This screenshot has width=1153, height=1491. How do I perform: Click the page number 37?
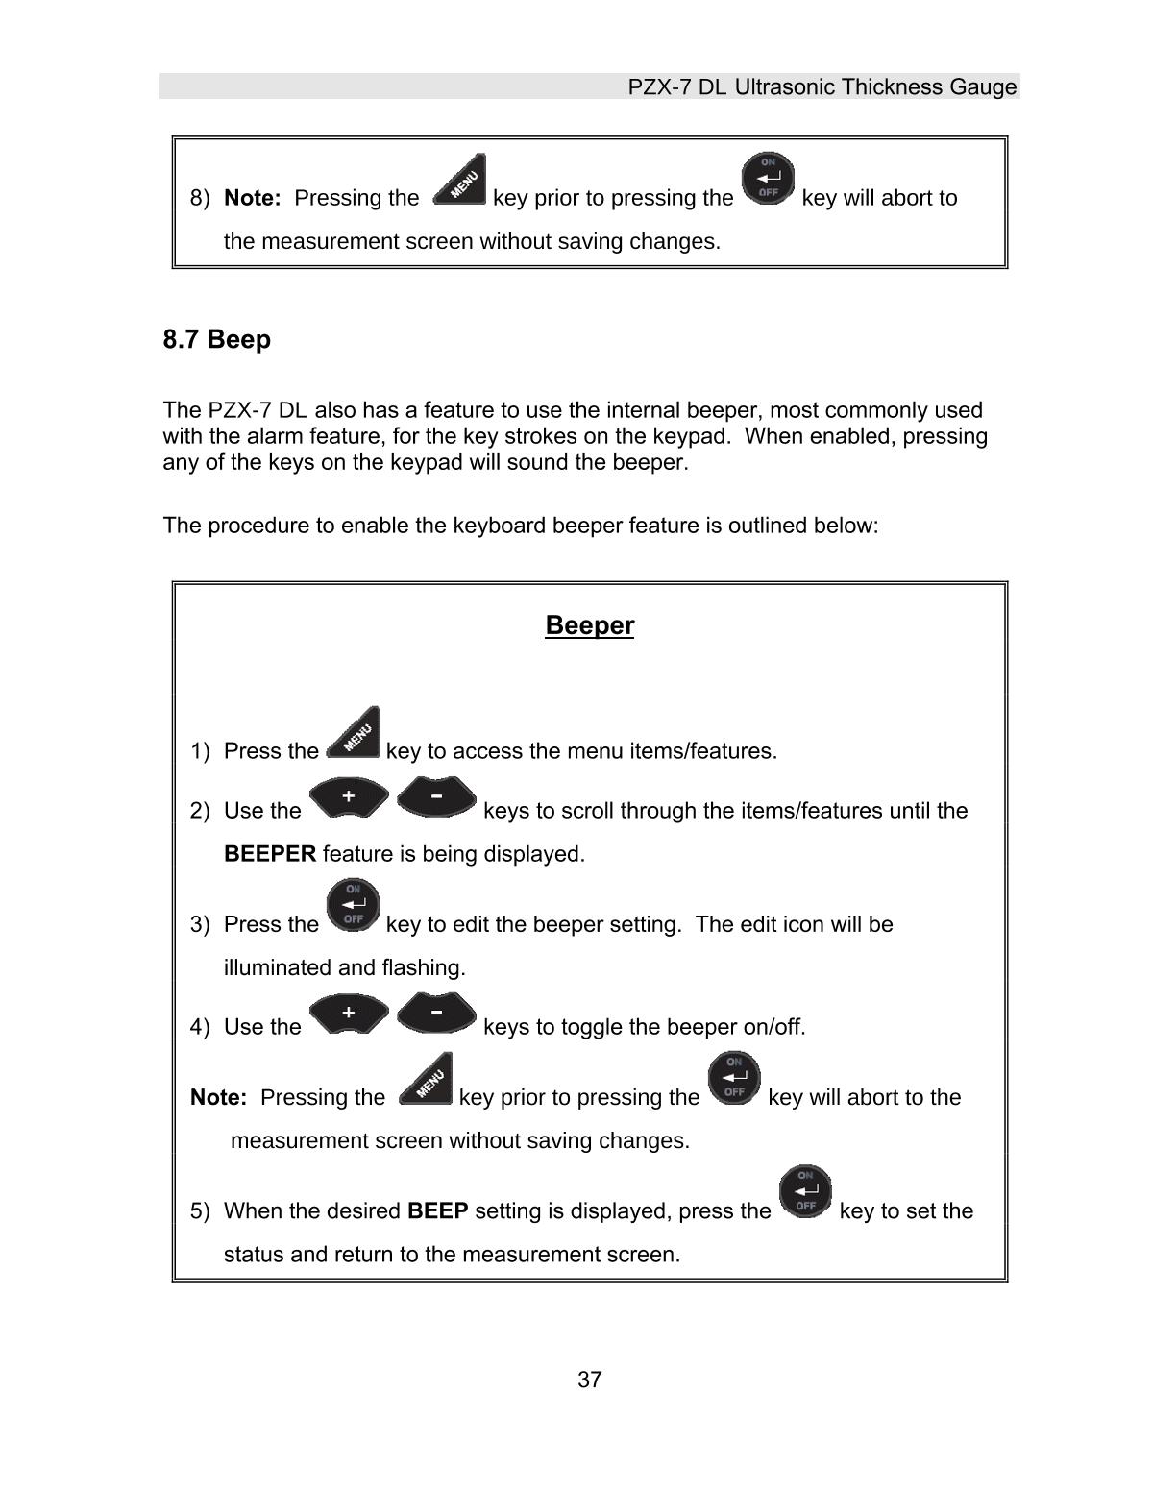tap(589, 1380)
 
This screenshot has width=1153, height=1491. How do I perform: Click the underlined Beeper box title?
tap(589, 625)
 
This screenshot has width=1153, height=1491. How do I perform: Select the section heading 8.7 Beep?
tap(217, 339)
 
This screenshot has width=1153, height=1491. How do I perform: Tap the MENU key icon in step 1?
tap(354, 734)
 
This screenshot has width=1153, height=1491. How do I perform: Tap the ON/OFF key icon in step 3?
tap(354, 907)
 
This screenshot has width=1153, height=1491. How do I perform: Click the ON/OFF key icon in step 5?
tap(805, 1192)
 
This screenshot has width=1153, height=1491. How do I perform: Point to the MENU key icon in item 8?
tap(460, 181)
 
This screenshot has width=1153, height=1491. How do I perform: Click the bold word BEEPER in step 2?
tap(270, 854)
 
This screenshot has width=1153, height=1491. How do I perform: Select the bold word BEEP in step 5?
tap(438, 1210)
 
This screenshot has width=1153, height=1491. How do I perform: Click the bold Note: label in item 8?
tap(252, 198)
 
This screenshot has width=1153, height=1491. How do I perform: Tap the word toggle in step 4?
tap(590, 1027)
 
